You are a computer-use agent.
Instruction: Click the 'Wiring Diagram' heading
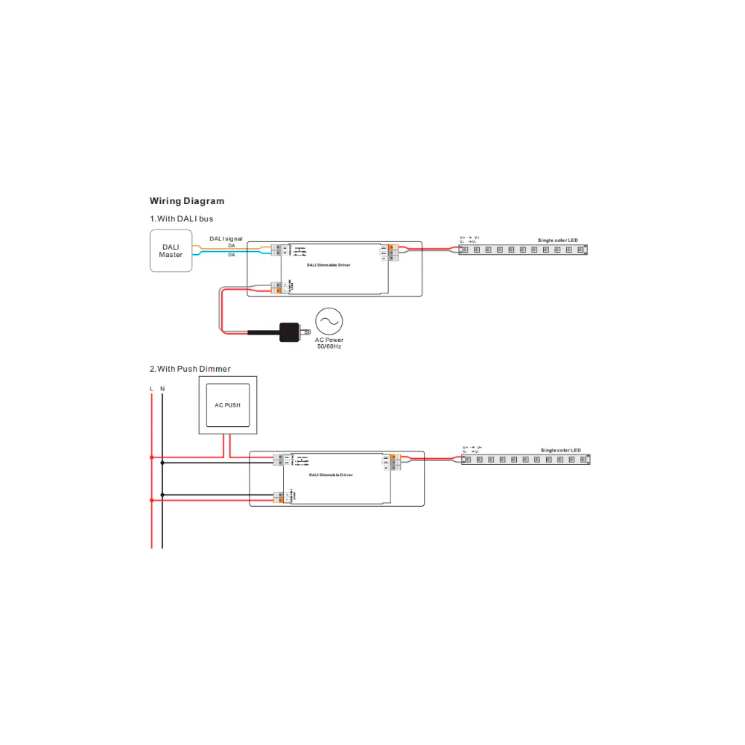[x=186, y=200]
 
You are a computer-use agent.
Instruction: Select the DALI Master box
[x=171, y=250]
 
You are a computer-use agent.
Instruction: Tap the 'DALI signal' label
[x=226, y=238]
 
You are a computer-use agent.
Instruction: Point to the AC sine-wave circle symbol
[x=329, y=321]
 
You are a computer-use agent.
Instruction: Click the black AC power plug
[x=289, y=332]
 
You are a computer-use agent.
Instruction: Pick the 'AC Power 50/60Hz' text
[x=329, y=343]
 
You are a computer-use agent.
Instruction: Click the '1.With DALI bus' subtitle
[x=181, y=219]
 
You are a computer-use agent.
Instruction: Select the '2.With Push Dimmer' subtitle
[x=190, y=369]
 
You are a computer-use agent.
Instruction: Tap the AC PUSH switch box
[x=227, y=405]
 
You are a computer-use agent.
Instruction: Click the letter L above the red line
[x=151, y=389]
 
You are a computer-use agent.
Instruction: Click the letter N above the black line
[x=162, y=389]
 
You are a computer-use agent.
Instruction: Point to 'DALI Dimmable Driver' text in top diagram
[x=328, y=264]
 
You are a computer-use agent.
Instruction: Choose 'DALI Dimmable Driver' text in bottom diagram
[x=331, y=474]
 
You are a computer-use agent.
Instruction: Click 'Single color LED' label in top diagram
[x=557, y=240]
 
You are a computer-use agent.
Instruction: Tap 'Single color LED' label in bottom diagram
[x=560, y=451]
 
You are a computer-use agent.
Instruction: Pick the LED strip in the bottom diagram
[x=526, y=460]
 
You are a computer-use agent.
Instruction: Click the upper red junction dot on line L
[x=151, y=457]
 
